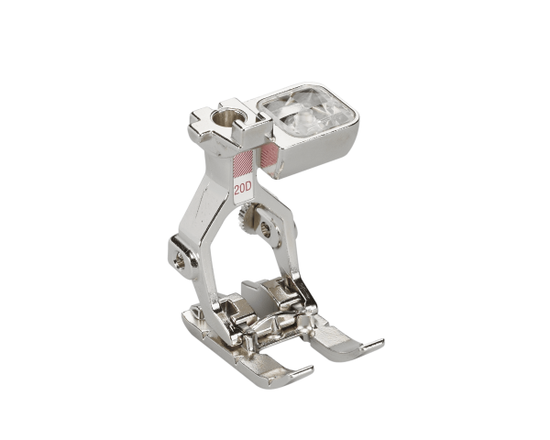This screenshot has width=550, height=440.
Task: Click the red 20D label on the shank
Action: coord(244,190)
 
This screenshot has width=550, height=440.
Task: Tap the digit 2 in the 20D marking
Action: coord(237,190)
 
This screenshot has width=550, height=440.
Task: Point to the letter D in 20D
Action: coord(250,190)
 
